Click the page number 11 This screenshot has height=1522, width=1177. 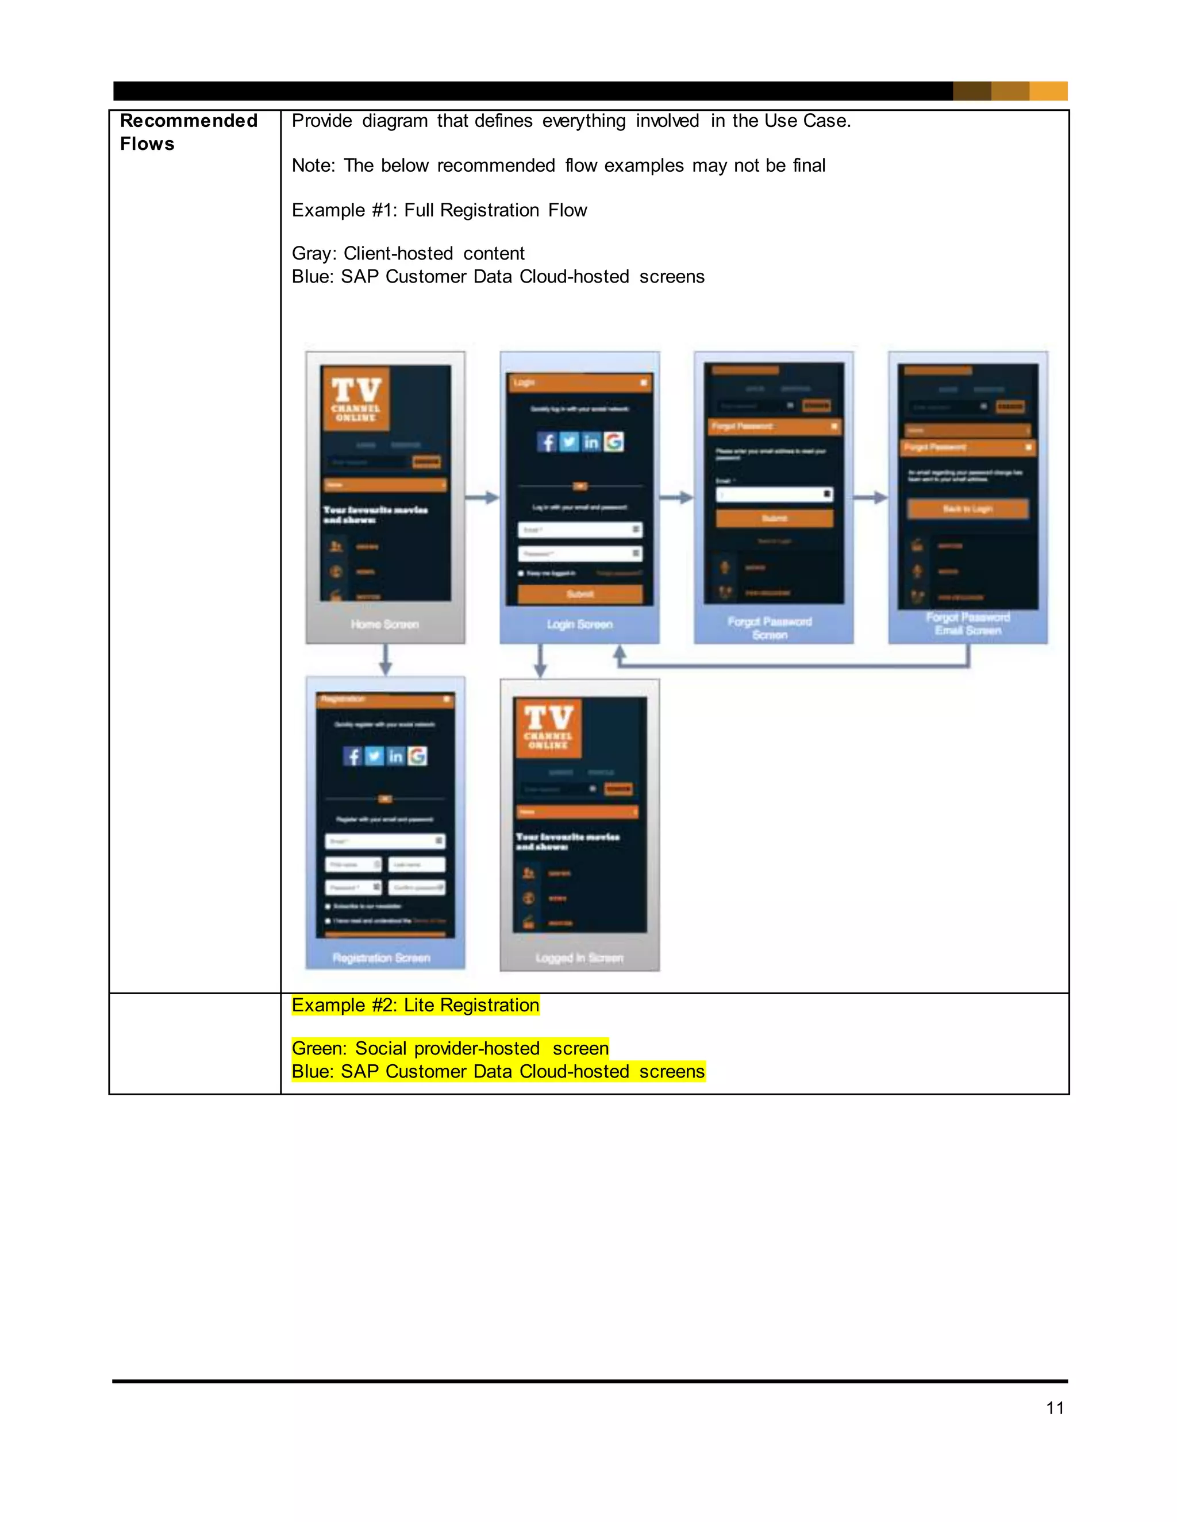[x=1054, y=1408]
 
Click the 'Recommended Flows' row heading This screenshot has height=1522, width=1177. [x=189, y=132]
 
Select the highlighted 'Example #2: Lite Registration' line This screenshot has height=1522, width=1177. [x=415, y=1005]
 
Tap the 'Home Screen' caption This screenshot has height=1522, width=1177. [x=385, y=624]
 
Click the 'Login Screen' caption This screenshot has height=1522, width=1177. [x=579, y=624]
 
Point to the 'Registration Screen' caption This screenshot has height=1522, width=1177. [x=382, y=957]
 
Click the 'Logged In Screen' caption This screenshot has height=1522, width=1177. [x=579, y=957]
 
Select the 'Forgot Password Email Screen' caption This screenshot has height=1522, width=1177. [x=968, y=624]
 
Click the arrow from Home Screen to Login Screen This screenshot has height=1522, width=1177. [x=482, y=497]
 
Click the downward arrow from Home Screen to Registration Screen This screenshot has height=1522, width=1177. [x=385, y=659]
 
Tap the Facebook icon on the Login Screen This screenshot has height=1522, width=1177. [x=547, y=442]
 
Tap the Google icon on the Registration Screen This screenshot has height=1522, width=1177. [x=418, y=756]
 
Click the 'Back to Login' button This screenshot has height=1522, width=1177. [x=967, y=509]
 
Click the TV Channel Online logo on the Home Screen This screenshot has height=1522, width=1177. [x=356, y=399]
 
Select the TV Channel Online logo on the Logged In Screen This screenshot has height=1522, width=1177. [x=549, y=727]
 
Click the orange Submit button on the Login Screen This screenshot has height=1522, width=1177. [x=579, y=594]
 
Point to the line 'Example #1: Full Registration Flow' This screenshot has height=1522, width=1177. [x=439, y=210]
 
